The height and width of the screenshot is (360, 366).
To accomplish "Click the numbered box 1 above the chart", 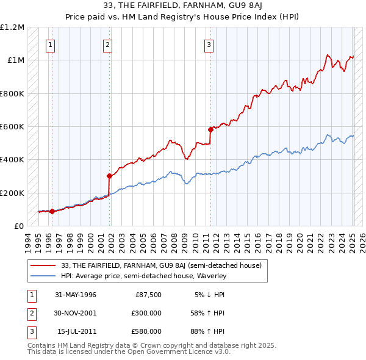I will click(50, 44).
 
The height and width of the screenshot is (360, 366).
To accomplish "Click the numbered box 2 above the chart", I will click(107, 44).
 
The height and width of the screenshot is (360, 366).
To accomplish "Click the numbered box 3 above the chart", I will click(209, 44).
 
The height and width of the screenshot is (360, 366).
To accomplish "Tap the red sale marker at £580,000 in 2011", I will click(210, 129).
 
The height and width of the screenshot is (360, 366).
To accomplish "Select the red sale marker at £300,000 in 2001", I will click(110, 176).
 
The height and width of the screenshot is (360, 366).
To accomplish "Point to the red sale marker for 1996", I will click(52, 211).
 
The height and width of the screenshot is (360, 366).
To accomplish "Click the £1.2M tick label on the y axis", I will click(13, 27).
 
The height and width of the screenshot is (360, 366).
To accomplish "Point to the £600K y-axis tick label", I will click(12, 127).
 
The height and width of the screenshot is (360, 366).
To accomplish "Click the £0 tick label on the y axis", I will click(19, 226).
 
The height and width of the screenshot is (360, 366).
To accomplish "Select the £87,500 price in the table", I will click(148, 295).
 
